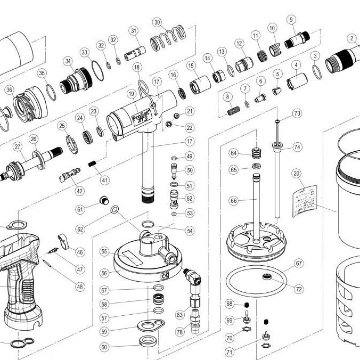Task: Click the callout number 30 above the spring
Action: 157,22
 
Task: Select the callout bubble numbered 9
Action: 291,20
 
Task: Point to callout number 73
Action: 297,113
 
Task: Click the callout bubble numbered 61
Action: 80,209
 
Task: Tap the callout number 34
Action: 68,61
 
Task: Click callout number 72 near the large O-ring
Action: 299,289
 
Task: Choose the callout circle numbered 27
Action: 17,147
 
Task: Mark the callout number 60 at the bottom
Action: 104,347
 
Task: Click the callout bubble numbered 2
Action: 352,38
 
